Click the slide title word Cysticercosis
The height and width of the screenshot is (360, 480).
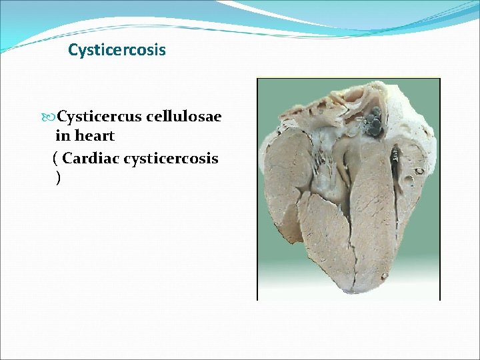click(x=117, y=50)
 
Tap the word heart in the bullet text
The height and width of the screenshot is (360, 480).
click(x=95, y=136)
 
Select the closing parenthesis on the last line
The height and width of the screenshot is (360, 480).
click(x=59, y=178)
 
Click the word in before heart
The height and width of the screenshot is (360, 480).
click(x=62, y=136)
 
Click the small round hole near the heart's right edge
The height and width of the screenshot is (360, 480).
click(x=419, y=171)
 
